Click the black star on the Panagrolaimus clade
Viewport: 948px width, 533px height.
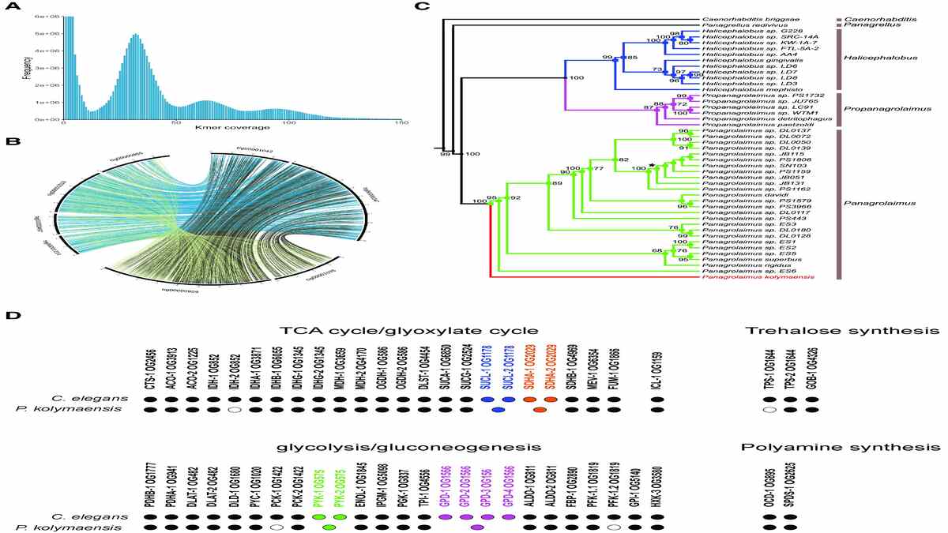[651, 165]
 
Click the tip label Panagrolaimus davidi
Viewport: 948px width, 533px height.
[730, 195]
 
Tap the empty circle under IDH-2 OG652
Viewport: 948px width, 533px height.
[232, 411]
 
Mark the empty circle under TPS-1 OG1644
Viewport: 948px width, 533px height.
[769, 411]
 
